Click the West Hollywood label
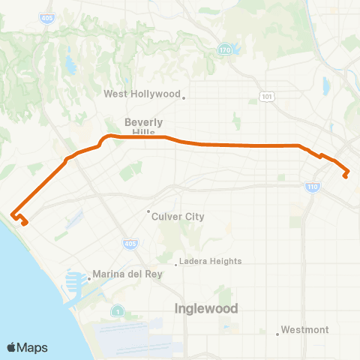click(142, 94)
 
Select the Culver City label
click(178, 217)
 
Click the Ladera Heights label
click(211, 261)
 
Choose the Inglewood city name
click(206, 308)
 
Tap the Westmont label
click(303, 329)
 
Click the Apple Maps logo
click(28, 347)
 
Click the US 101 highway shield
click(267, 97)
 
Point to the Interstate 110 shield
click(311, 186)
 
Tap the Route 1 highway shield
click(118, 310)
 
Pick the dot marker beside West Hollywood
click(184, 96)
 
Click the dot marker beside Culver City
click(148, 211)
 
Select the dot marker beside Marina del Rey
click(89, 278)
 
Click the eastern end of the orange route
click(346, 177)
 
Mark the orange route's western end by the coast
click(25, 223)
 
